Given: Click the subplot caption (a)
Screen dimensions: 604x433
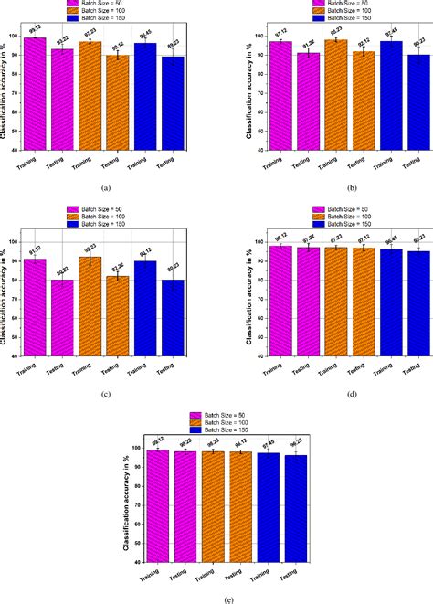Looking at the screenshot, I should (x=107, y=187).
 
